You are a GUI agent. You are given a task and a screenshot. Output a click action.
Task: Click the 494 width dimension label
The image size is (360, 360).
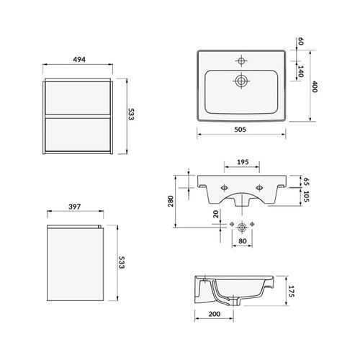pyautogui.click(x=79, y=59)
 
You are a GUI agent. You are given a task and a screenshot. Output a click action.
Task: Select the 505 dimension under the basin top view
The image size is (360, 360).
pyautogui.click(x=240, y=130)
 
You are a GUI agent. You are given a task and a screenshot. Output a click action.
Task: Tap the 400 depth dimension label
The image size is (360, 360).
pyautogui.click(x=315, y=86)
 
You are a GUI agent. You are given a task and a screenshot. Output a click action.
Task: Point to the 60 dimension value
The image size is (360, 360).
pyautogui.click(x=300, y=41)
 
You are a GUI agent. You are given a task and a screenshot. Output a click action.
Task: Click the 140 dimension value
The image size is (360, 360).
pyautogui.click(x=300, y=71)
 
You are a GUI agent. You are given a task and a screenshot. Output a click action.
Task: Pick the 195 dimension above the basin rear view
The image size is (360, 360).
pyautogui.click(x=243, y=162)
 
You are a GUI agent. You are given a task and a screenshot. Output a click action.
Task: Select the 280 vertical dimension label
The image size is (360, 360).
pyautogui.click(x=171, y=201)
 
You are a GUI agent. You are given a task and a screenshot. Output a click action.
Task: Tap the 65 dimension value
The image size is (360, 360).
pyautogui.click(x=306, y=181)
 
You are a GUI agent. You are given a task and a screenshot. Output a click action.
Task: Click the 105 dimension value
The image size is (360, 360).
pyautogui.click(x=306, y=197)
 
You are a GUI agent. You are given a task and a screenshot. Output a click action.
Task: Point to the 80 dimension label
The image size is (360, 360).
pyautogui.click(x=243, y=240)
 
